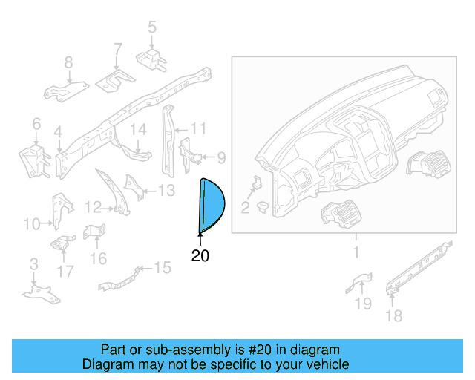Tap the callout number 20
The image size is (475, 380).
(x=200, y=256)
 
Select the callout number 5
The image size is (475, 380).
(x=152, y=28)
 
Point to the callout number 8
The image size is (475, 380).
(x=68, y=62)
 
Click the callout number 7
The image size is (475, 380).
(x=117, y=50)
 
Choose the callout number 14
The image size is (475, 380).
(x=140, y=131)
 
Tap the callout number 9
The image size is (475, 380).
(x=220, y=157)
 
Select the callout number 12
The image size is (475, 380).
(x=93, y=206)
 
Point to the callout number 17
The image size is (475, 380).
(x=65, y=272)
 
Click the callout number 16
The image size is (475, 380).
(x=99, y=258)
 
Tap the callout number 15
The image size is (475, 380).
(x=162, y=266)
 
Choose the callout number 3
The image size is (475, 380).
(x=33, y=265)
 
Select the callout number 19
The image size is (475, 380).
(x=363, y=303)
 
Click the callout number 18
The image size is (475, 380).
(x=393, y=316)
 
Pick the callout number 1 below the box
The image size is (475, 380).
(x=356, y=252)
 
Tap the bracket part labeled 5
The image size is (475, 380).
(x=151, y=57)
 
